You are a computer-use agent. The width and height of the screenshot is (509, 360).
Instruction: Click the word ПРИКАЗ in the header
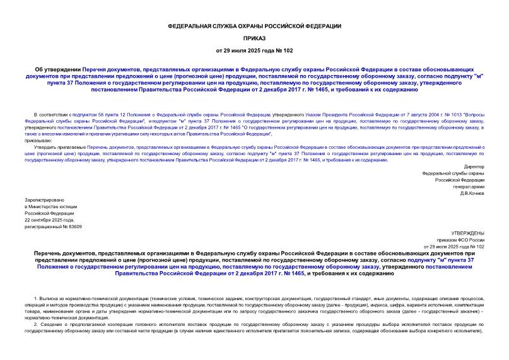click(x=254, y=38)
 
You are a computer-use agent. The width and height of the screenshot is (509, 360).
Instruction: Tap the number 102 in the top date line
click(x=288, y=50)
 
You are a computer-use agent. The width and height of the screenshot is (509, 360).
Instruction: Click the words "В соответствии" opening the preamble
click(x=47, y=108)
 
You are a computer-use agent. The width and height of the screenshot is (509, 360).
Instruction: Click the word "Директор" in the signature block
click(x=472, y=166)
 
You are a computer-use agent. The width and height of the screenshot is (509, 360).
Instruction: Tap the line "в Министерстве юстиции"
click(x=50, y=206)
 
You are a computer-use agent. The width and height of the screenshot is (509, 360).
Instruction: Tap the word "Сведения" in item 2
click(x=52, y=323)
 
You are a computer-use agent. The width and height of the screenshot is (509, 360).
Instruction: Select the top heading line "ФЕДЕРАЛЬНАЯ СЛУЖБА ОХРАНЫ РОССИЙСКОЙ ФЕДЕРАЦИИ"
click(x=254, y=26)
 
